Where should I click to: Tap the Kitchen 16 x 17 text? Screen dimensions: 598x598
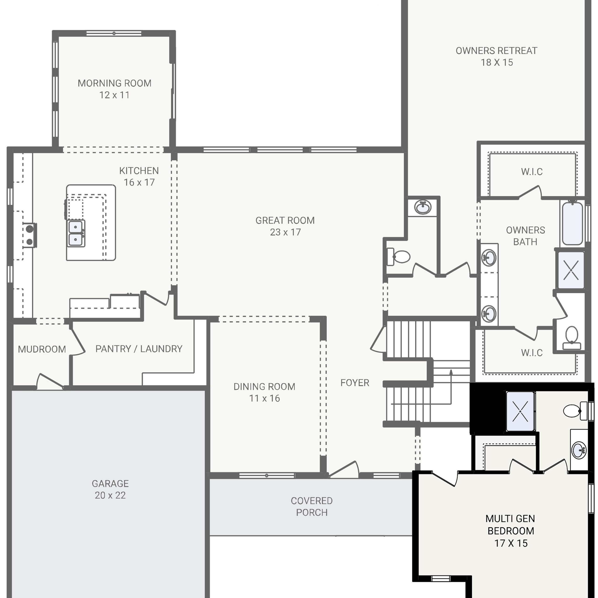[x=139, y=176]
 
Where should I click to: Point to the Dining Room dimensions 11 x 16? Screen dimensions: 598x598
[x=264, y=398]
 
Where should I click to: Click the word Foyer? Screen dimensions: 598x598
[x=355, y=383]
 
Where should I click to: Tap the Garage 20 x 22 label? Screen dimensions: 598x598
[x=110, y=489]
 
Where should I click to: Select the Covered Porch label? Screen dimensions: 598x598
[x=312, y=506]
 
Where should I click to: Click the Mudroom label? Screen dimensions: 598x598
[x=42, y=349]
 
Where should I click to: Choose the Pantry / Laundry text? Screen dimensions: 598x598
[x=139, y=349]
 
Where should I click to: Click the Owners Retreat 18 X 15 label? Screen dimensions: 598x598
[x=496, y=56]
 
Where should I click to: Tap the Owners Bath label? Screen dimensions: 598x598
[x=525, y=236]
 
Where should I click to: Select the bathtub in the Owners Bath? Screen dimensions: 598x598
[x=573, y=223]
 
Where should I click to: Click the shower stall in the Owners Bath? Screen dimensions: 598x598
[x=571, y=270]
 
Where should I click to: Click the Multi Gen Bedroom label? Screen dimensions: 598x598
[x=511, y=530]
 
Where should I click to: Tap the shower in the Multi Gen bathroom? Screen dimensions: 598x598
[x=520, y=411]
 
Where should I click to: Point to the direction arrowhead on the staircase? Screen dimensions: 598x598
[x=451, y=372]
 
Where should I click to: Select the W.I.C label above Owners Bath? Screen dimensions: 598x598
[x=532, y=172]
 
